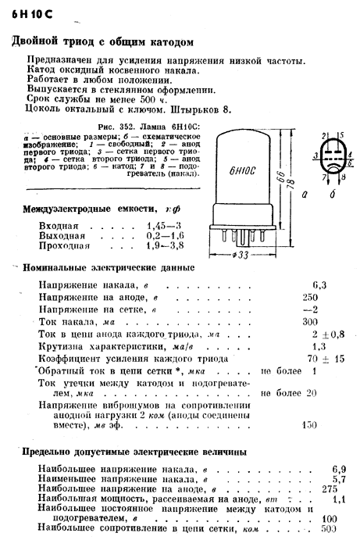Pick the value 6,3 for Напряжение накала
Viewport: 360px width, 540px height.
[319, 285]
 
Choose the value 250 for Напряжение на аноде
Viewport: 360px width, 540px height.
[309, 297]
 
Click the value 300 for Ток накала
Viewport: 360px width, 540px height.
[310, 321]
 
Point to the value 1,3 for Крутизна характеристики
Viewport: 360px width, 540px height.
[319, 345]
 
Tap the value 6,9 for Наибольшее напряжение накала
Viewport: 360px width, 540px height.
[339, 470]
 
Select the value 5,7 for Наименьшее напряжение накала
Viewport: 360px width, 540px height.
[339, 479]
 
